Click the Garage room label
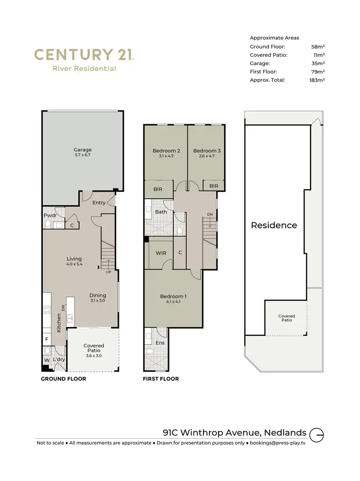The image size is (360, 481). tap(82, 150)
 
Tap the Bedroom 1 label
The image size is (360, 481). tap(173, 296)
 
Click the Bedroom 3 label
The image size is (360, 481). tap(207, 151)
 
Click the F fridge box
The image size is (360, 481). tap(47, 340)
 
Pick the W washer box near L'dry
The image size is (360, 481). tap(47, 359)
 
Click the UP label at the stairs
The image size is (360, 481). tap(108, 272)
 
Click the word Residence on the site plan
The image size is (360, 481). tap(274, 225)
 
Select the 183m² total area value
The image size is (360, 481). tap(317, 80)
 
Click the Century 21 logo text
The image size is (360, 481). tap(84, 54)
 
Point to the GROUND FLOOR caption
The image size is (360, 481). tap(63, 379)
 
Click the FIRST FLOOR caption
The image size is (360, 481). tap(161, 379)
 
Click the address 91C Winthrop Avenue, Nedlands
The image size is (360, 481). tap(235, 433)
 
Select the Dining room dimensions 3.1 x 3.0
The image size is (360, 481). tap(97, 301)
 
